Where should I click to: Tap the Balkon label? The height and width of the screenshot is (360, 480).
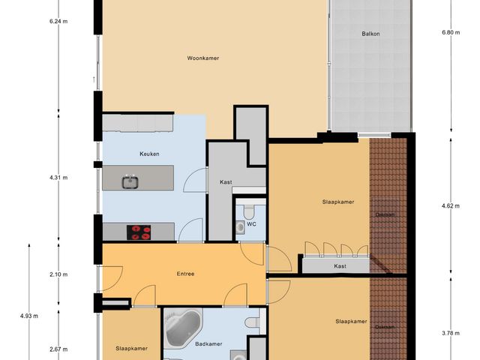tap(370, 34)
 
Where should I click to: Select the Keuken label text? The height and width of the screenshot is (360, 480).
tap(150, 154)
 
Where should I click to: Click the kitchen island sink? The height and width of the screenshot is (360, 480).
tap(130, 181)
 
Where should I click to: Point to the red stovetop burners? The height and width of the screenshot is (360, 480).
tap(139, 232)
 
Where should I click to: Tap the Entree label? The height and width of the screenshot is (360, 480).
tap(185, 274)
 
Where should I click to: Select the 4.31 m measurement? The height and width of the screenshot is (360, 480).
tap(58, 178)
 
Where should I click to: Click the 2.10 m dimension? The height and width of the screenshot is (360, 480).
tap(58, 274)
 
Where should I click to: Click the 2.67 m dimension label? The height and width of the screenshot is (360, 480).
tap(58, 349)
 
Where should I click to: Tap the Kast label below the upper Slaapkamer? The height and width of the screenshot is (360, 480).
tap(340, 266)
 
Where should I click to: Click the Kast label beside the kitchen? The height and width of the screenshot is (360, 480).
tap(225, 182)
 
